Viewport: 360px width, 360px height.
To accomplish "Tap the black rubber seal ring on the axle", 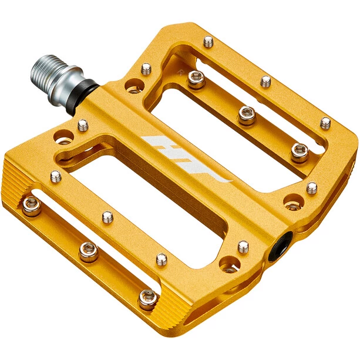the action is point(82,97).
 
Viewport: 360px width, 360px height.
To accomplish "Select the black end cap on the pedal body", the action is point(280,246).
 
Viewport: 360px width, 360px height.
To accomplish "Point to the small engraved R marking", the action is point(180,72).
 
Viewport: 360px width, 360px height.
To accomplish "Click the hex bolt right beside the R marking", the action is point(196,79).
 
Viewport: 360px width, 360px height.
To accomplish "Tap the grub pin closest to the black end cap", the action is point(243,247).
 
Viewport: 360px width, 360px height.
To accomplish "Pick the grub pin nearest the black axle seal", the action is point(83,125).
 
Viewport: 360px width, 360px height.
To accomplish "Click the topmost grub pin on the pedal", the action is point(208,42).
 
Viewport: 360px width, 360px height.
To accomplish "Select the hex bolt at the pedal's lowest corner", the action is point(149,300).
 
